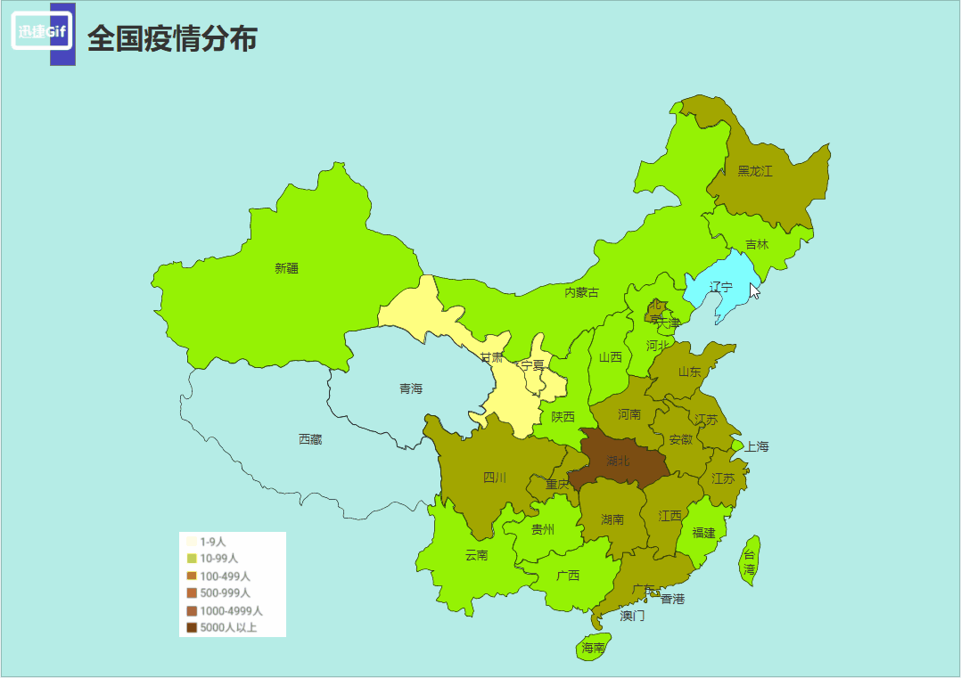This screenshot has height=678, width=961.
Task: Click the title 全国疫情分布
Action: click(x=173, y=38)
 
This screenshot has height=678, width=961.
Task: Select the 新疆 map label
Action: click(x=286, y=268)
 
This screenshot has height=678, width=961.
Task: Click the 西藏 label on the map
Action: click(x=310, y=439)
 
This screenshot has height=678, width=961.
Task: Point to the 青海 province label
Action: click(x=411, y=388)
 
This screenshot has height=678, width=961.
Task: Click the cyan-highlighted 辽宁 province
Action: click(x=720, y=287)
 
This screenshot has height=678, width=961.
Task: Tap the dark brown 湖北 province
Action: click(x=618, y=462)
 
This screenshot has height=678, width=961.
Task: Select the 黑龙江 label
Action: click(x=754, y=171)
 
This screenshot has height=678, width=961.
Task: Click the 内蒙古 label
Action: click(x=581, y=292)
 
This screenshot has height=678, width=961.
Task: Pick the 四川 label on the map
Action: click(x=495, y=478)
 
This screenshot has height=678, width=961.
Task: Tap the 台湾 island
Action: click(x=750, y=561)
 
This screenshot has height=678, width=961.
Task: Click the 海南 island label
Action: click(x=593, y=648)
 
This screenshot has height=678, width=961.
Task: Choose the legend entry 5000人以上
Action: click(x=227, y=627)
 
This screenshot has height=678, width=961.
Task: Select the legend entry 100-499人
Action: click(x=224, y=576)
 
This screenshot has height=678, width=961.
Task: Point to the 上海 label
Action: click(x=756, y=446)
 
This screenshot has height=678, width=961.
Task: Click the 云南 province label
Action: click(x=476, y=555)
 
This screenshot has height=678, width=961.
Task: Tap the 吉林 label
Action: click(x=756, y=244)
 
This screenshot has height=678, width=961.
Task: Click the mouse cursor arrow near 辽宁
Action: click(x=754, y=290)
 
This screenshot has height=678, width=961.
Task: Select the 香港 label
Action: click(x=672, y=599)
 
